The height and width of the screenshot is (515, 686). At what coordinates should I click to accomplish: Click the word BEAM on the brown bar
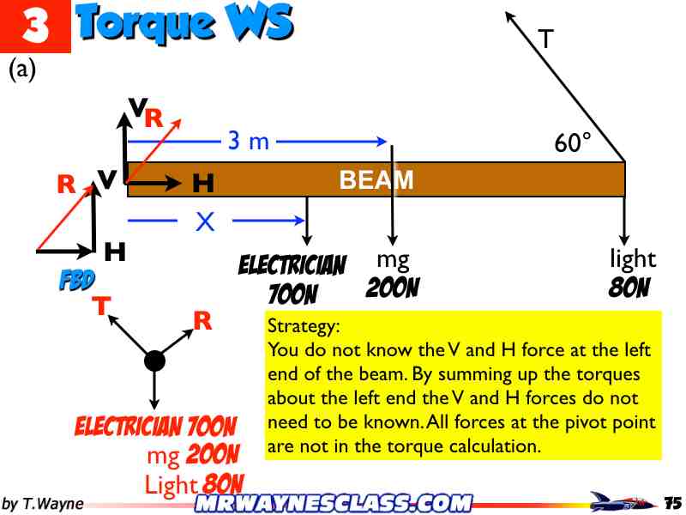click(x=376, y=180)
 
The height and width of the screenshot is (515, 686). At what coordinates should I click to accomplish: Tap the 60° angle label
click(x=573, y=143)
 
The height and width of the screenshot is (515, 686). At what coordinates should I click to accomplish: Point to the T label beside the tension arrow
click(x=545, y=39)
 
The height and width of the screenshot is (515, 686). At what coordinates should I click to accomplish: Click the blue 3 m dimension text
click(x=249, y=142)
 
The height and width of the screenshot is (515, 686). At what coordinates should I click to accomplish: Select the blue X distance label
click(x=204, y=222)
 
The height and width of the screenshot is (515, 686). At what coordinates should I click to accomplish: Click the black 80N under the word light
click(x=629, y=288)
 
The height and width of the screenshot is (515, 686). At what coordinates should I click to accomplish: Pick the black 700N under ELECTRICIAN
click(x=292, y=295)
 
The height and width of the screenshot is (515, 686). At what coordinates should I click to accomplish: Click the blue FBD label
click(x=76, y=280)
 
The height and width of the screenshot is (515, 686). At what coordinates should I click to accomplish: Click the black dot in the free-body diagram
click(x=154, y=360)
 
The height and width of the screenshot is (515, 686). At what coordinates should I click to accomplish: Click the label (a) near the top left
click(x=22, y=70)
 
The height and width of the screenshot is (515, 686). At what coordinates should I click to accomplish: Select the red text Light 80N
click(x=194, y=484)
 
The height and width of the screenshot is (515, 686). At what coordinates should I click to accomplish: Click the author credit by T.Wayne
click(x=42, y=503)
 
